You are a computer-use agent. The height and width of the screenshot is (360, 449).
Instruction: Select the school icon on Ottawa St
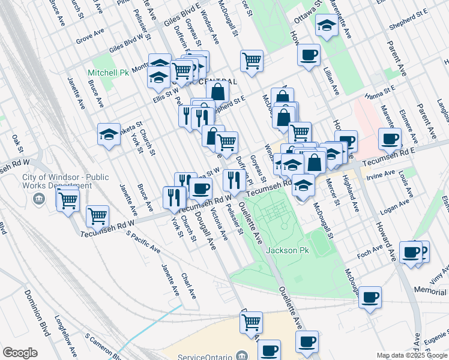[326, 26]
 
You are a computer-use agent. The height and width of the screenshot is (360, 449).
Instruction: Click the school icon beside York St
[109, 134]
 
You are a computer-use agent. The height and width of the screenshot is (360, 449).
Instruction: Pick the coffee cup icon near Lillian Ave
[309, 55]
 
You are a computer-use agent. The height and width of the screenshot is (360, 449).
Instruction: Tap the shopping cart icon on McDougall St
[252, 60]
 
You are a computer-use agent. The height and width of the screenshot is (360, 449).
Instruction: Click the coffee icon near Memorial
[370, 297]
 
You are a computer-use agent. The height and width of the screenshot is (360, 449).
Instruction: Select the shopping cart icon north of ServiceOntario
[251, 322]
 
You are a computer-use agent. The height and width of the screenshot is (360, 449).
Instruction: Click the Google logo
[20, 353]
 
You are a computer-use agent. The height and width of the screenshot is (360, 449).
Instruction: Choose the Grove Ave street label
[91, 38]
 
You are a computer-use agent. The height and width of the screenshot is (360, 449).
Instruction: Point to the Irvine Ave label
[382, 173]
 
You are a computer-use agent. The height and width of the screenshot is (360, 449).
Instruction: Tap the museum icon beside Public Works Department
[40, 199]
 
